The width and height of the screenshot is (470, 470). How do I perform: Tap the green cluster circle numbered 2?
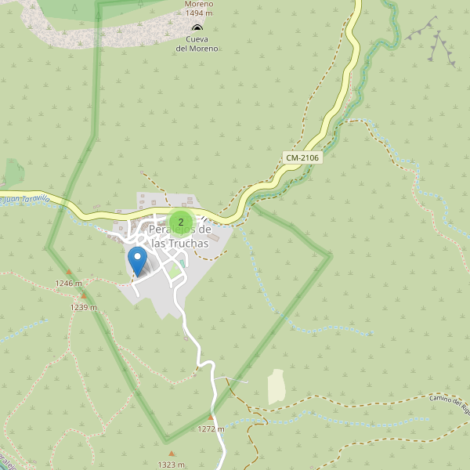(x=181, y=222)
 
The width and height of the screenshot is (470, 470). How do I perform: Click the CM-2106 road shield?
(x=302, y=157)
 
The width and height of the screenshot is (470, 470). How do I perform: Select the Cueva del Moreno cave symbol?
(x=197, y=27)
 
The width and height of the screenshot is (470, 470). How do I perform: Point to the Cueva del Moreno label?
(x=197, y=44)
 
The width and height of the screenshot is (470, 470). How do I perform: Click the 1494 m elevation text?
(x=198, y=13)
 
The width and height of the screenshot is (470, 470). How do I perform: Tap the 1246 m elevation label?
(x=68, y=284)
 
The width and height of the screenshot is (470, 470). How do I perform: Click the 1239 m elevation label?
(x=83, y=308)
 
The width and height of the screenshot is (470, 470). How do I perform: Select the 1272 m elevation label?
(x=211, y=429)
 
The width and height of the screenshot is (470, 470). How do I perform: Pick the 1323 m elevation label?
(x=171, y=465)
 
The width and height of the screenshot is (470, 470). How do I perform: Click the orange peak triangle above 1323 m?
(x=172, y=454)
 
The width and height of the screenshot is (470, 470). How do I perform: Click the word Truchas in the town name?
(x=180, y=244)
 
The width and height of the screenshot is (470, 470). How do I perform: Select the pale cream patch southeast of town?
(x=277, y=387)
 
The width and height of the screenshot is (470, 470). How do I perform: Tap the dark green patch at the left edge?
(x=13, y=173)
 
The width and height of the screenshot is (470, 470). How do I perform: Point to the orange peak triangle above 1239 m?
(x=84, y=296)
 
